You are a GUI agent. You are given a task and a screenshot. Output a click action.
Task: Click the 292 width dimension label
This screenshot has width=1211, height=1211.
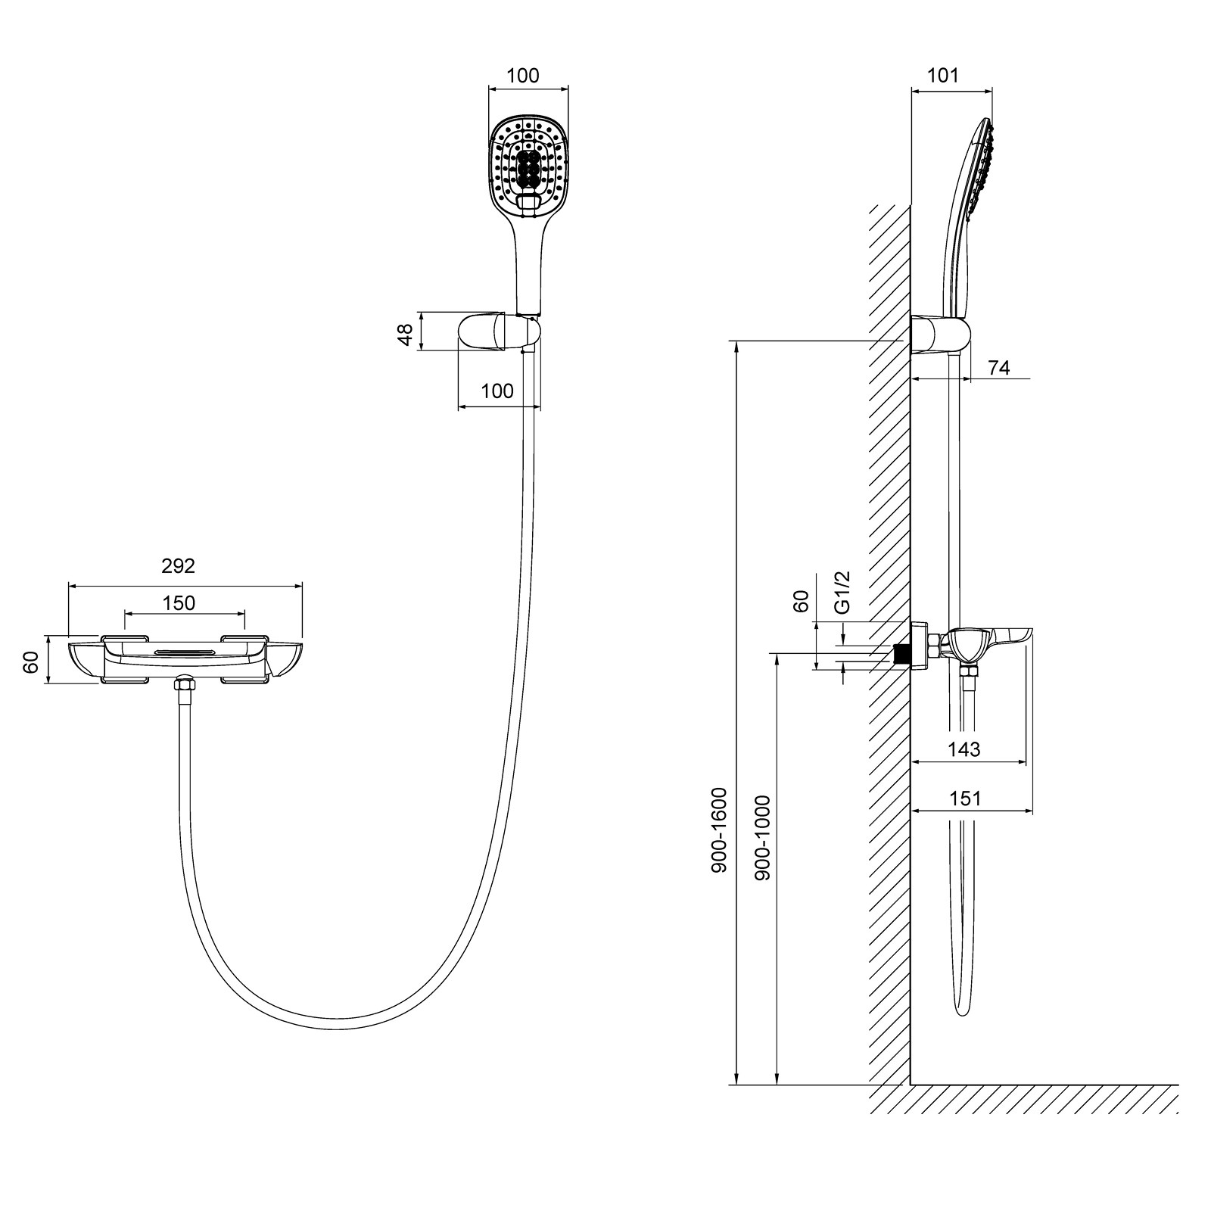click(x=178, y=565)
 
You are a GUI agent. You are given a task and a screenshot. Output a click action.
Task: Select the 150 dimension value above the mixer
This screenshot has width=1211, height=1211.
click(x=179, y=603)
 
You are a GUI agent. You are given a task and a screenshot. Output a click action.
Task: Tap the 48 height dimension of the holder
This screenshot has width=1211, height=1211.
click(x=406, y=335)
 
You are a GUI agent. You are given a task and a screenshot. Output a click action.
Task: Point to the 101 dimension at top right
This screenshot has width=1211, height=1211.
click(x=943, y=76)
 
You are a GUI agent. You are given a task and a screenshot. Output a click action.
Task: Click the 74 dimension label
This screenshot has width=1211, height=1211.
click(x=999, y=368)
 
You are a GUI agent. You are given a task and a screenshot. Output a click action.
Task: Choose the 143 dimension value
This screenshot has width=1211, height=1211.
click(x=964, y=749)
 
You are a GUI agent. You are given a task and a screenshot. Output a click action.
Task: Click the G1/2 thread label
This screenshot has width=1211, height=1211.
click(x=842, y=592)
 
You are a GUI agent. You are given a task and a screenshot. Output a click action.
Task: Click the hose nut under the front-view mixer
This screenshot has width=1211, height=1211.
click(x=184, y=685)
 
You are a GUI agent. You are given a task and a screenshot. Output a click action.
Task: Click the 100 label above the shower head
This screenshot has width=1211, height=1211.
click(x=523, y=76)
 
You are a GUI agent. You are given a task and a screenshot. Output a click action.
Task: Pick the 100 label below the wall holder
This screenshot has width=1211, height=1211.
click(x=497, y=391)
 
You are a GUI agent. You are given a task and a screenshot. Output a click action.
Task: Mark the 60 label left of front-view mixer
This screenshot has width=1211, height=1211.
click(x=31, y=662)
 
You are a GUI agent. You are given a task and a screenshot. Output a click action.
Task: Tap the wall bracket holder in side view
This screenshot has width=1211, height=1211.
click(x=940, y=335)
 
